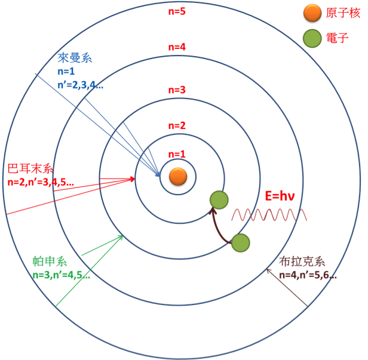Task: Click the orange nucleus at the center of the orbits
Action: click(x=177, y=176)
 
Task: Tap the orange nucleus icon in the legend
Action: click(x=312, y=13)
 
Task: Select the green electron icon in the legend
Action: click(x=312, y=38)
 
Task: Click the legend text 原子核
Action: click(x=342, y=13)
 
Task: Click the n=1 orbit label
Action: click(x=177, y=153)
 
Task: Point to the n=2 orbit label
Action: click(x=177, y=125)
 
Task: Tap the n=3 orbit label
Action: click(x=177, y=90)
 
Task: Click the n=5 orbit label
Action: click(x=177, y=10)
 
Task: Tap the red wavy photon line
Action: click(x=269, y=214)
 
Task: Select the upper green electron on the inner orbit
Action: click(x=219, y=199)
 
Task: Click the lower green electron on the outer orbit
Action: click(x=240, y=242)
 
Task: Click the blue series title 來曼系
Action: click(x=75, y=58)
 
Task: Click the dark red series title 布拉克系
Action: click(x=302, y=261)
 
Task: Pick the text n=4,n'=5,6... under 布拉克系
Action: click(x=307, y=275)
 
